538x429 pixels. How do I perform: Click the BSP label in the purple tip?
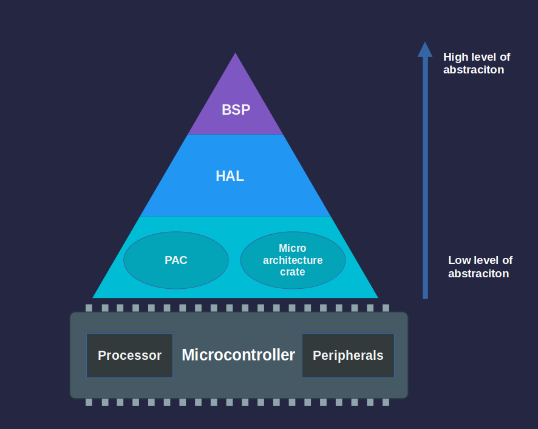[x=236, y=110]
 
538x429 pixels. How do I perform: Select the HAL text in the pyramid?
[x=230, y=176]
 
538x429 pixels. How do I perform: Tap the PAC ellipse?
[x=176, y=260]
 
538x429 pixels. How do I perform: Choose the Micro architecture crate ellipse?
[x=293, y=260]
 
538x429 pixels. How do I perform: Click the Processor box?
[x=129, y=355]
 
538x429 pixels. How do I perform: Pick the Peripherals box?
[x=348, y=355]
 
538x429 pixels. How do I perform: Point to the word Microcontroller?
[x=238, y=355]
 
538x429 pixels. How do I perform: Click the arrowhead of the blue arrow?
[x=425, y=49]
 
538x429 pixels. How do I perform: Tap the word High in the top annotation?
[x=456, y=57]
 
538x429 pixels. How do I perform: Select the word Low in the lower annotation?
[x=459, y=260]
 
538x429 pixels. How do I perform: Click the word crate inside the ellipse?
[x=293, y=272]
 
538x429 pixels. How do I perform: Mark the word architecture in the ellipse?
[x=293, y=260]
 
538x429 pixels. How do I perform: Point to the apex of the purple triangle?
[x=236, y=54]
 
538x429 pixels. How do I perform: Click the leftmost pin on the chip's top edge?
[x=89, y=308]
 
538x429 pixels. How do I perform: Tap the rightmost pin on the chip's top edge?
[x=386, y=308]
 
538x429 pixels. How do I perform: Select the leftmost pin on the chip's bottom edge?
[x=89, y=402]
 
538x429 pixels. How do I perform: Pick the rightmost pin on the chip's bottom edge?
[x=386, y=402]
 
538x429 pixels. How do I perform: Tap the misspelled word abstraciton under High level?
[x=474, y=70]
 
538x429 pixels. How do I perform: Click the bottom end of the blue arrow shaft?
[x=425, y=297]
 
